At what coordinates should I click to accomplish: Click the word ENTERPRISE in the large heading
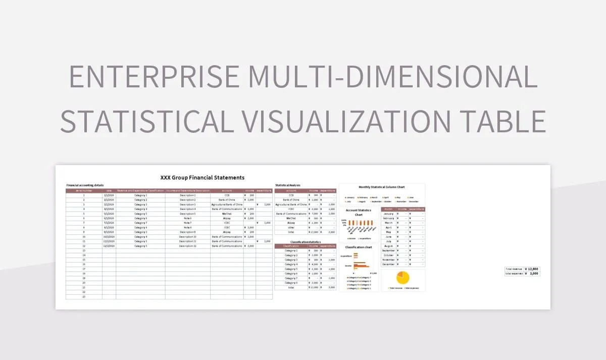(x=154, y=77)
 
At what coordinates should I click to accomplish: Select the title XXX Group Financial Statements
(x=202, y=178)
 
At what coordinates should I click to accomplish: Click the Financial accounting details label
(x=85, y=185)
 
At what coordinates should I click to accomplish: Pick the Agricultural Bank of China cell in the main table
(x=227, y=204)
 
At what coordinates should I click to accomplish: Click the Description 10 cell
(x=187, y=237)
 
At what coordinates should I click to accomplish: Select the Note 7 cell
(x=187, y=223)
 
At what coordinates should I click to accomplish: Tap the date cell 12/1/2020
(x=109, y=246)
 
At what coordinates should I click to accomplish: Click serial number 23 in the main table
(x=84, y=297)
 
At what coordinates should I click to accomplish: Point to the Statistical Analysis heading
(x=288, y=185)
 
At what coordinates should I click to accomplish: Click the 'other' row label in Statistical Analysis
(x=291, y=228)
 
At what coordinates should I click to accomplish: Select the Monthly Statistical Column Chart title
(x=381, y=187)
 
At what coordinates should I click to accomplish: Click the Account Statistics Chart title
(x=358, y=213)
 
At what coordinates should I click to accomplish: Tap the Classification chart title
(x=358, y=247)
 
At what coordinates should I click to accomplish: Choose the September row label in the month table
(x=388, y=250)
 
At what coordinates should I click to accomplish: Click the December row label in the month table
(x=388, y=265)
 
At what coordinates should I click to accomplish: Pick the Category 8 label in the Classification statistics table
(x=291, y=283)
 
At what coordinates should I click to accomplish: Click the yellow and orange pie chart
(x=403, y=278)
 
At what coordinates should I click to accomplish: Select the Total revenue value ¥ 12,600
(x=531, y=269)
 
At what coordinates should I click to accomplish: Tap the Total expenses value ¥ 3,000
(x=531, y=274)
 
